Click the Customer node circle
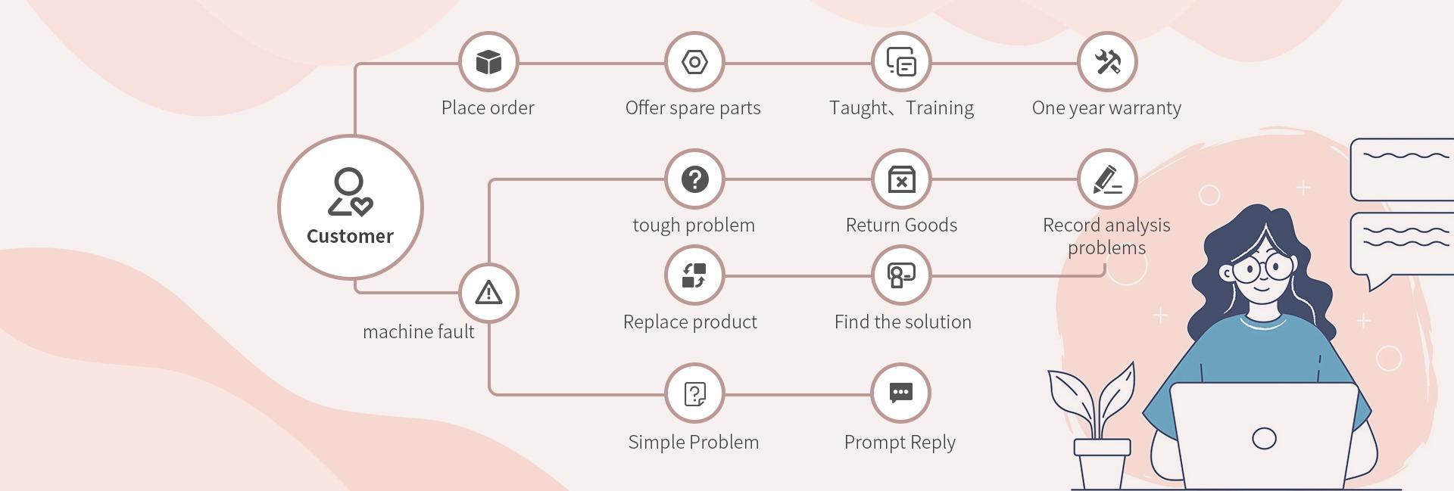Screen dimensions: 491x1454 (350, 207)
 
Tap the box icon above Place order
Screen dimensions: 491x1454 (488, 62)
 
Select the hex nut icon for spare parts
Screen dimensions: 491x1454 (694, 62)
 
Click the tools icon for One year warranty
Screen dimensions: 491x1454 (1107, 62)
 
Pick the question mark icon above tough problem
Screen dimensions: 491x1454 (694, 179)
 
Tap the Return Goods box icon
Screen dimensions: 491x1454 (901, 179)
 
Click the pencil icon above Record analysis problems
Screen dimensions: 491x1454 (1107, 179)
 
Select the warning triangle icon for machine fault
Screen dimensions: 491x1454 (488, 293)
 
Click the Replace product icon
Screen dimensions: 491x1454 (694, 275)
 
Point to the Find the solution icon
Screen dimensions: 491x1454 (901, 275)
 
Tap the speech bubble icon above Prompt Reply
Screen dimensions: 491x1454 (901, 393)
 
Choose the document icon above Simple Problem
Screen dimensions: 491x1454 (694, 393)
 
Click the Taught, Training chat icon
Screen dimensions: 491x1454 (901, 62)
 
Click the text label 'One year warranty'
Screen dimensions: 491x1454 (1106, 108)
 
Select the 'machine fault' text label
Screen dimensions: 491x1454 (418, 332)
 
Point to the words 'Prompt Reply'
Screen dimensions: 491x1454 (900, 443)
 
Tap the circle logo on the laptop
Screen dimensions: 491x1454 (1264, 438)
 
